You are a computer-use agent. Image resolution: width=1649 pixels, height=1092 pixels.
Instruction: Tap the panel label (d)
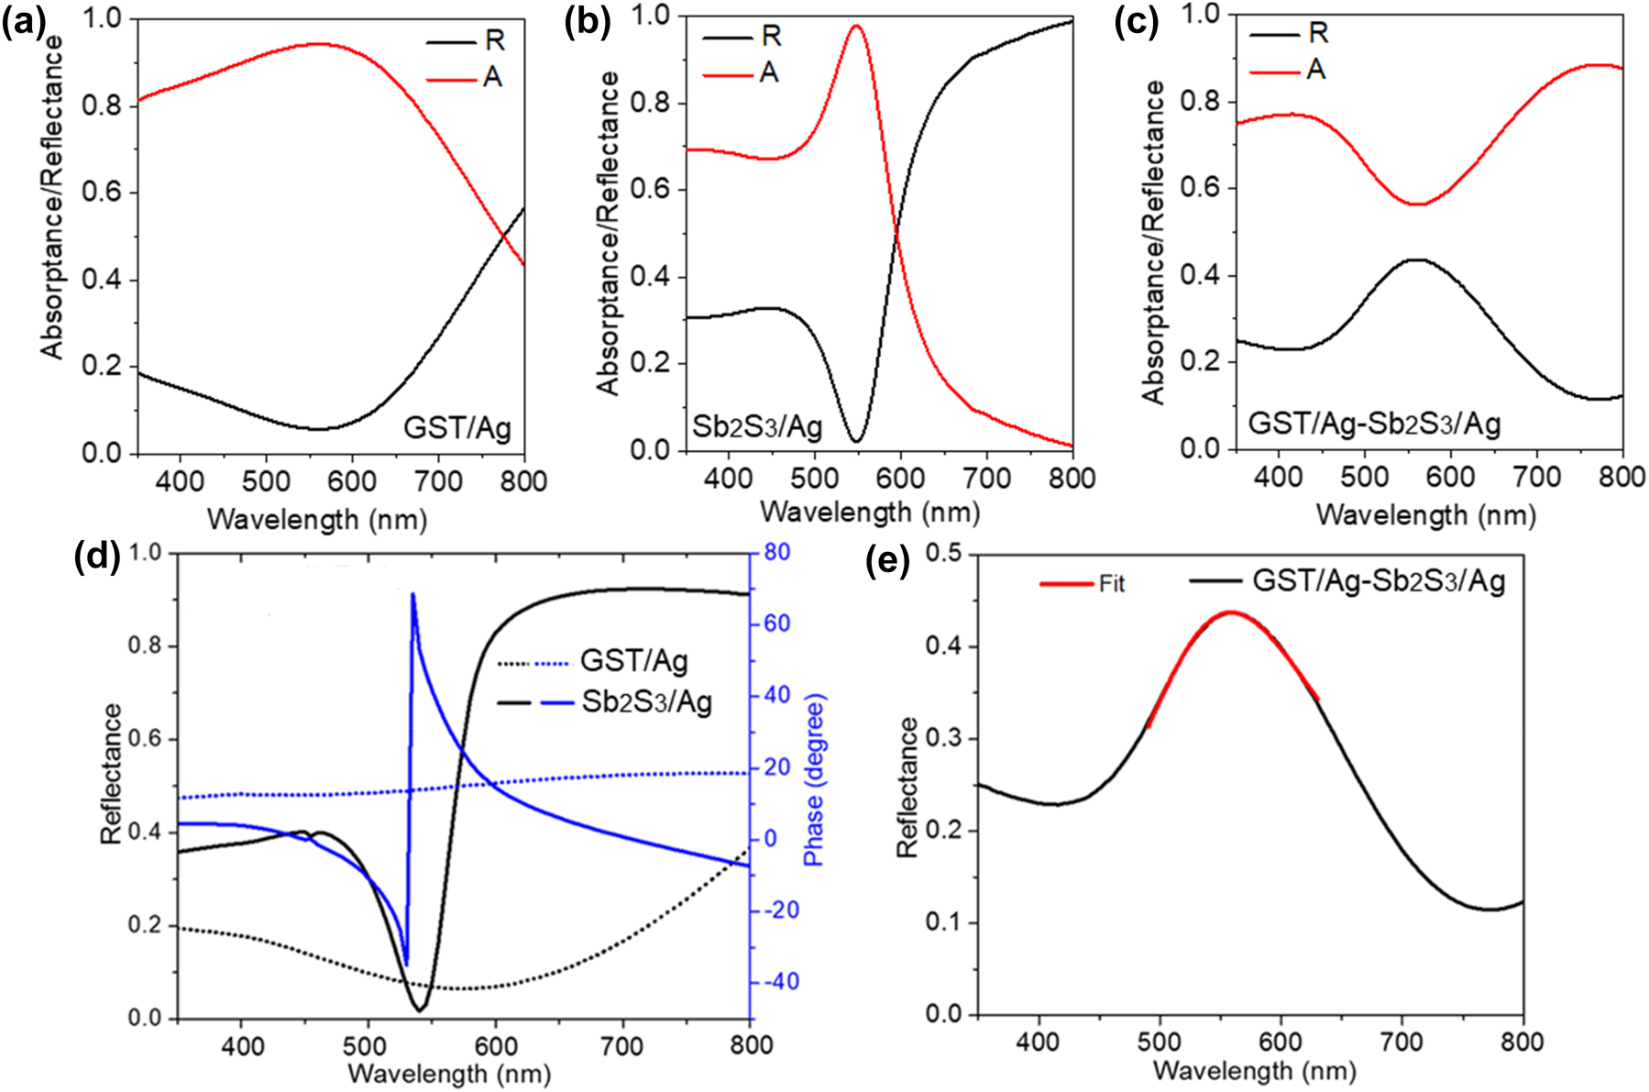pos(96,557)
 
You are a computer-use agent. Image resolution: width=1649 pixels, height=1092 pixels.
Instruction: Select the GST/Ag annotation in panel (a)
pos(456,427)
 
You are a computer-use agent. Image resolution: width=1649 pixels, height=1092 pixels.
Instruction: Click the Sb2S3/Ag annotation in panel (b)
pos(757,426)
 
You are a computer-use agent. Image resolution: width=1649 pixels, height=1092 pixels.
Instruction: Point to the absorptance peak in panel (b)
pos(856,27)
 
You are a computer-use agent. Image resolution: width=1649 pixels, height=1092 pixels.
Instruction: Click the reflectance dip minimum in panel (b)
pos(856,441)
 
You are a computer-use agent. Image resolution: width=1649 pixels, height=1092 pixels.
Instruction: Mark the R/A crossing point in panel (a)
pos(503,238)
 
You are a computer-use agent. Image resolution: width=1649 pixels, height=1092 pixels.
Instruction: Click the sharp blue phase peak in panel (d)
pos(412,596)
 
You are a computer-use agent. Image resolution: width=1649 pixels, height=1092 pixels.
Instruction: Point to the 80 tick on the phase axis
pos(776,552)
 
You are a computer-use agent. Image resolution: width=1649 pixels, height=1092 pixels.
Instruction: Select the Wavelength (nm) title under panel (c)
pos(1425,515)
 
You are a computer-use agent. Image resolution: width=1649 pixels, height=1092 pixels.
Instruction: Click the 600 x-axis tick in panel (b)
pos(899,479)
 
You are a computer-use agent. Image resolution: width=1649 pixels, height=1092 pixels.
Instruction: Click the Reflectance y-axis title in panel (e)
pos(907,787)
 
